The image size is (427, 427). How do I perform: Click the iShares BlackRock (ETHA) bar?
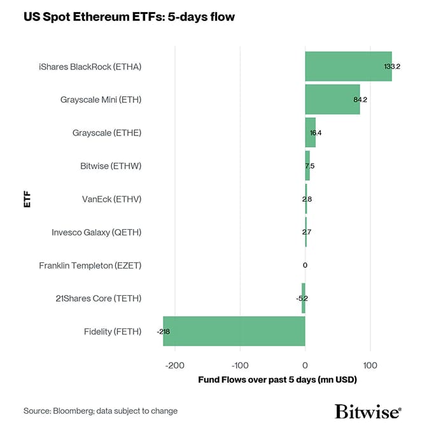pyautogui.click(x=348, y=66)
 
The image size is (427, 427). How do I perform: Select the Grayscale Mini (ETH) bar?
pyautogui.click(x=332, y=99)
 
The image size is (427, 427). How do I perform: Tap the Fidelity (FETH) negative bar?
pyautogui.click(x=234, y=331)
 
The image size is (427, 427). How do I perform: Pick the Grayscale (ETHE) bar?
pyautogui.click(x=311, y=132)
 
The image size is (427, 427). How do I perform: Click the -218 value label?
pyautogui.click(x=163, y=332)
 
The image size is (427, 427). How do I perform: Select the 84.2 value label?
pyautogui.click(x=361, y=100)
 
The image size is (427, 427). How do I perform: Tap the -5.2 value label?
pyautogui.click(x=302, y=298)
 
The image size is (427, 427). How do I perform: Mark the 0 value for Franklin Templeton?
pyautogui.click(x=305, y=265)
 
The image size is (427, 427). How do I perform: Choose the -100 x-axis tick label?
pyautogui.click(x=239, y=365)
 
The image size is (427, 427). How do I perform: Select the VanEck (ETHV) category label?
pyautogui.click(x=111, y=199)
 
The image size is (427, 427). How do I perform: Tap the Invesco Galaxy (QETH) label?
pyautogui.click(x=97, y=232)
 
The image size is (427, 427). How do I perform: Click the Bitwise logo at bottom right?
pyautogui.click(x=368, y=410)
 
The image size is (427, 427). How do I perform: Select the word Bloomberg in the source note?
pyautogui.click(x=76, y=411)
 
